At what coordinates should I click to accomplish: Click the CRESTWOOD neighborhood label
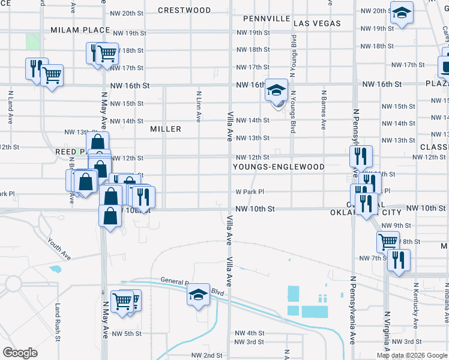[x=184, y=10]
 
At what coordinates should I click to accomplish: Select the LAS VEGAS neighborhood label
[x=317, y=23]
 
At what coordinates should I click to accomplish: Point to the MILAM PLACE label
[x=80, y=30]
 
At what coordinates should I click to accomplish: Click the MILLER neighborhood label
[x=166, y=129]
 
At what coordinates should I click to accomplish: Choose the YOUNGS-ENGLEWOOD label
[x=279, y=167]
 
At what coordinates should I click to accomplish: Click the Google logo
[x=20, y=353]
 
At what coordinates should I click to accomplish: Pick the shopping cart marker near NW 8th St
[x=388, y=242]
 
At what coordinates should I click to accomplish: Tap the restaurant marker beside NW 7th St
[x=398, y=260]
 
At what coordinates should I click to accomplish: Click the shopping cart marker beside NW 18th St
[x=107, y=53]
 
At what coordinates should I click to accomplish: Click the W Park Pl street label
[x=250, y=192]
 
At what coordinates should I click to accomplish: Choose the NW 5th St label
[x=127, y=334]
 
